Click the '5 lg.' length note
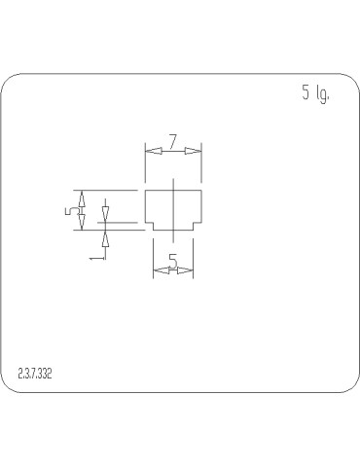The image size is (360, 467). point(316,94)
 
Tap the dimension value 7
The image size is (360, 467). point(172,142)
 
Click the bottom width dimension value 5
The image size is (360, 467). point(172,261)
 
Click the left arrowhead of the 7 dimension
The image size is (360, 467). point(151,150)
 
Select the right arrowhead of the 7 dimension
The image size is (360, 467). point(196,150)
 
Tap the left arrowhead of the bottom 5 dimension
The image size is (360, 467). point(160,269)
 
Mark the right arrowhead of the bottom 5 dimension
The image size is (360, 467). point(187,269)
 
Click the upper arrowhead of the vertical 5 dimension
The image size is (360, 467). point(83,197)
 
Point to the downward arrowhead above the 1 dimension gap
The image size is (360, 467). point(106,212)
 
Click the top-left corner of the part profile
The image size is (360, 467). point(145,191)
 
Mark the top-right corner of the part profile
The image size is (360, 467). point(201,191)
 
